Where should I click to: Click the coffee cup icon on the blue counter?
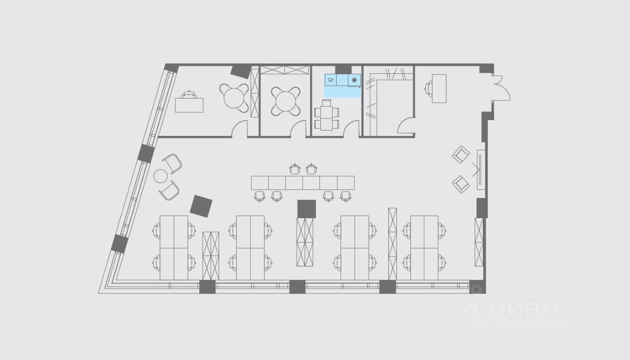(x=330, y=79)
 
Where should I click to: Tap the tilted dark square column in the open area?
(x=201, y=206)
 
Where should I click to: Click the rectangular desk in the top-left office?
(x=189, y=105)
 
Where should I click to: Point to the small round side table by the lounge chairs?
(x=161, y=176)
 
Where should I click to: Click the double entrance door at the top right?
(x=501, y=88)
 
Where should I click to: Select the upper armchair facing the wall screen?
(x=461, y=155)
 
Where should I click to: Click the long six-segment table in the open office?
(x=303, y=183)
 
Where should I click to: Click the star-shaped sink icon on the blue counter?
(x=354, y=79)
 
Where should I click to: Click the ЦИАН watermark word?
(x=522, y=308)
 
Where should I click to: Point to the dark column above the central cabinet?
(x=306, y=208)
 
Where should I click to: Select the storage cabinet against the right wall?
(x=479, y=242)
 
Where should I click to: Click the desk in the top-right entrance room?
(x=439, y=88)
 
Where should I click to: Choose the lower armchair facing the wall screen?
(x=461, y=184)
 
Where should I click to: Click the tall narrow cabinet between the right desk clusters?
(x=392, y=244)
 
